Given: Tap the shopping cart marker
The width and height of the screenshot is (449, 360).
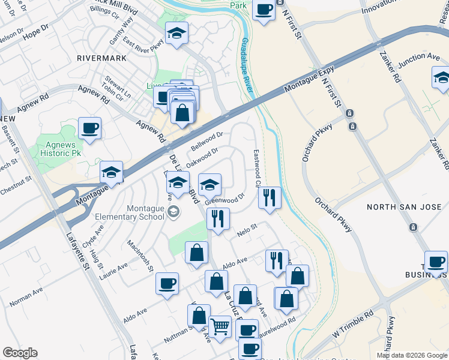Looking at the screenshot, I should [220, 327].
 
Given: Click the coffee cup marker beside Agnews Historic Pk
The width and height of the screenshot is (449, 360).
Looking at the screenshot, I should [89, 128].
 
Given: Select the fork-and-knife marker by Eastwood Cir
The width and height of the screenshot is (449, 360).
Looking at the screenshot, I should [270, 196].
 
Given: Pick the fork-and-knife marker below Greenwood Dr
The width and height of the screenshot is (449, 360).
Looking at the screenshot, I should [218, 218].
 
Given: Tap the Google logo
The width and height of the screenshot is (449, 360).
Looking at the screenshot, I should [20, 353].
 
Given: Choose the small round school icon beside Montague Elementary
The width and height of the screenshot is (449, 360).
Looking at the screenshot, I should [173, 211].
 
